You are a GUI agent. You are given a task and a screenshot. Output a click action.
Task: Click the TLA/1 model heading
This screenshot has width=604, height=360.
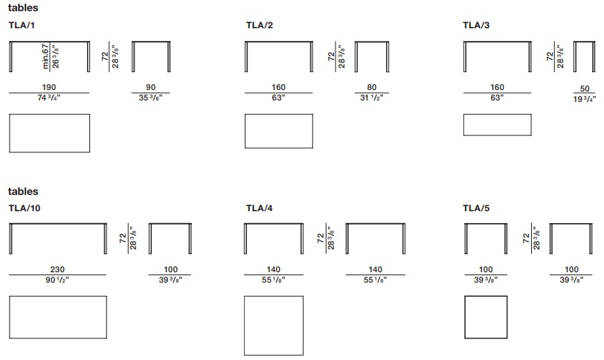tap(22, 25)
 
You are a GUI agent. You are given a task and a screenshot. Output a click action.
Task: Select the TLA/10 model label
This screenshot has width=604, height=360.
tap(25, 208)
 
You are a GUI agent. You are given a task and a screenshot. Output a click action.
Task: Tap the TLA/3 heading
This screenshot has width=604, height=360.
tap(476, 25)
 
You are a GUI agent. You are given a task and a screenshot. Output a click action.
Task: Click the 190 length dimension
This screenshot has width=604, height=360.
tap(49, 88)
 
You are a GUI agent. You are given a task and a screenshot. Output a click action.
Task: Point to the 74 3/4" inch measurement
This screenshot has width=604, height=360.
tap(49, 97)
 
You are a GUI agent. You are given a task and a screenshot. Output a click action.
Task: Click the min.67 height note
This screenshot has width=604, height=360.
tap(45, 57)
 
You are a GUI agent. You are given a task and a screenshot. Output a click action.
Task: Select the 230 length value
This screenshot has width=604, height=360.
tap(57, 269)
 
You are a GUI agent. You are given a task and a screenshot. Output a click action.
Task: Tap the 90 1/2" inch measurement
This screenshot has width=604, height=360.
tap(57, 280)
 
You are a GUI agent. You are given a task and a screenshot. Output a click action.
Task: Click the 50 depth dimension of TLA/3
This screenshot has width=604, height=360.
tap(585, 89)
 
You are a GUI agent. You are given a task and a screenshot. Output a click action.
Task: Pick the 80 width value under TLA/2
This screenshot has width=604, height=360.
tap(372, 88)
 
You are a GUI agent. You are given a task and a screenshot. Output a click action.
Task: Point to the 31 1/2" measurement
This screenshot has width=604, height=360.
tap(372, 97)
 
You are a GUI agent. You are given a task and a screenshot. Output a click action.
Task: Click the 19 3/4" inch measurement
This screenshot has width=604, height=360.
tap(585, 99)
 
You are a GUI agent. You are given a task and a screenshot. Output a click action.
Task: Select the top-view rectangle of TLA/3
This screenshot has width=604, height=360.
tap(498, 114)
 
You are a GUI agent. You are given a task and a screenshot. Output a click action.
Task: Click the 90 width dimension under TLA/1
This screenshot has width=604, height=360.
tap(150, 88)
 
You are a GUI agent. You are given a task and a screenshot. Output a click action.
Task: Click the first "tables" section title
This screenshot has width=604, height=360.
tap(23, 7)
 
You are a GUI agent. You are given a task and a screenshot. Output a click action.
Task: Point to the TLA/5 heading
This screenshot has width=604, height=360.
tap(476, 208)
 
